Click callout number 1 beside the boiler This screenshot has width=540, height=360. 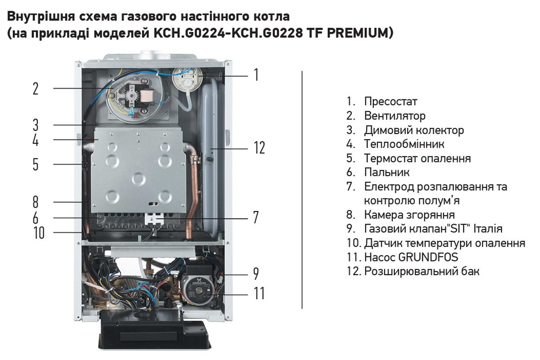[256, 75]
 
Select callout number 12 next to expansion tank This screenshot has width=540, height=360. [259, 148]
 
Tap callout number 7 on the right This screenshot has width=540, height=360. [256, 217]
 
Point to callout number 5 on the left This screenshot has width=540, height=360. [36, 164]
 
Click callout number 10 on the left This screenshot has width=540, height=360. [39, 233]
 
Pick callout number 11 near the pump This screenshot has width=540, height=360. [259, 293]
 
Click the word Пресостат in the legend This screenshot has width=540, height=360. [391, 102]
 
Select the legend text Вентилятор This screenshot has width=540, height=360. [395, 116]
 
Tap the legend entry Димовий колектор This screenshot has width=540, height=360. [414, 130]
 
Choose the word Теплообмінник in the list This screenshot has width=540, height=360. [404, 144]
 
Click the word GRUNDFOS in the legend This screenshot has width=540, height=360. [428, 257]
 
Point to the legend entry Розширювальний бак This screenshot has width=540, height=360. [422, 271]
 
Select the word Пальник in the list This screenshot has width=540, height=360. [387, 172]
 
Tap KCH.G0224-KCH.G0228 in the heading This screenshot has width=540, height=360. [228, 33]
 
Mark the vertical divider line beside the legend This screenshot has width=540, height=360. [302, 190]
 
